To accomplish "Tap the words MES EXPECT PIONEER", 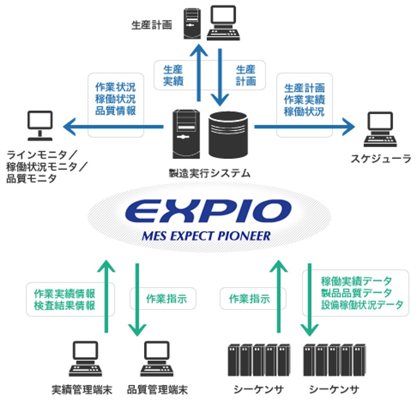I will (207, 236).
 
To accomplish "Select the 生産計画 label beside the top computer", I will (151, 25).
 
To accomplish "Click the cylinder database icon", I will (228, 135).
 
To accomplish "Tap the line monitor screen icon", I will (40, 126).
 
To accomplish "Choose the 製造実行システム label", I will (209, 172).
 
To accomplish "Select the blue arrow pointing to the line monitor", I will (114, 126).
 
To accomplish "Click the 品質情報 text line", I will (115, 111).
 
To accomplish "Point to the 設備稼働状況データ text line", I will (362, 305).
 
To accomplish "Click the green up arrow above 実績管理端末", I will (107, 296).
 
